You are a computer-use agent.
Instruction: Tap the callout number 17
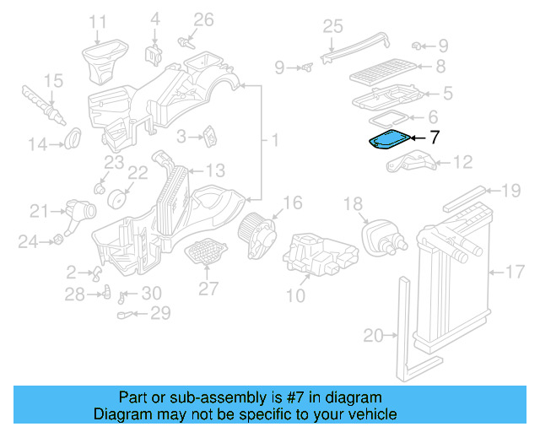point(515,273)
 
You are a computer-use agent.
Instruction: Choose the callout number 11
point(98,21)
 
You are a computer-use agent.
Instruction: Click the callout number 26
point(204,19)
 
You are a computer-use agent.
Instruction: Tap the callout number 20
point(372,336)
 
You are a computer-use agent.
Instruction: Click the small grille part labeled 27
point(205,252)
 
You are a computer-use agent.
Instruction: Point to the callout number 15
point(53,81)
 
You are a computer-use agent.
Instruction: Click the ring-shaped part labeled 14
point(73,135)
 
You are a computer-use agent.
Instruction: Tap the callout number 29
point(159,314)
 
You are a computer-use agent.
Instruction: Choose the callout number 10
point(295,295)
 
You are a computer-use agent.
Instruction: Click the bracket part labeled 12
point(409,164)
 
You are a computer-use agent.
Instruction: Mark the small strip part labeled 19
point(464,198)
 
